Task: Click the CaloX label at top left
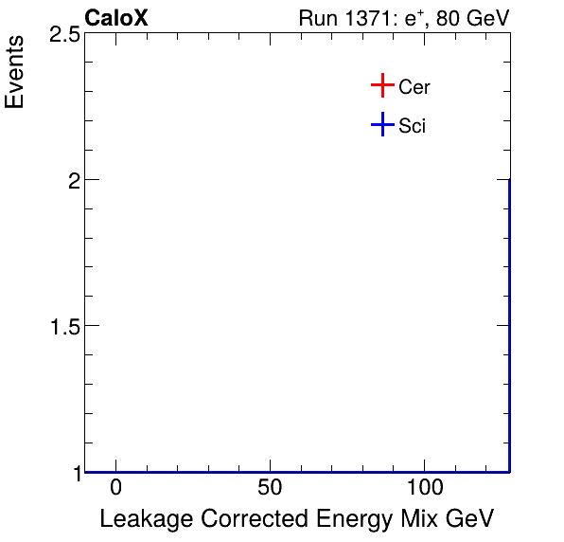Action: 116,18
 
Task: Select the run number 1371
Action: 365,19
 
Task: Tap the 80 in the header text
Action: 449,19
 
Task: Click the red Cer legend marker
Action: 381,86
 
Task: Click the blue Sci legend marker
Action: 381,125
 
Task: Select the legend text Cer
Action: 414,87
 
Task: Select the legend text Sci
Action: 413,126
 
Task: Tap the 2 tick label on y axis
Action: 72,180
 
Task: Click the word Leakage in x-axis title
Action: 142,519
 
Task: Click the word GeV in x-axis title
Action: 469,519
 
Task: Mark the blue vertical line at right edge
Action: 509,322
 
